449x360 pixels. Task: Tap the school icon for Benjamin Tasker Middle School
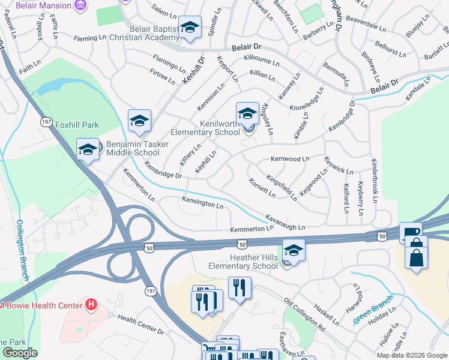point(88,149)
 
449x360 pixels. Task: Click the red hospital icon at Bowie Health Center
point(91,305)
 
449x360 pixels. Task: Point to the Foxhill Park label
point(77,125)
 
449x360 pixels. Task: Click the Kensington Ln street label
point(203,204)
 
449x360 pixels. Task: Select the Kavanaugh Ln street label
point(285,224)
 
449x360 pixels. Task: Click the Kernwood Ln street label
point(289,159)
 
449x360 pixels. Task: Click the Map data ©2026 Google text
point(411,355)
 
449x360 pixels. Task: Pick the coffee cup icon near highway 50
point(411,233)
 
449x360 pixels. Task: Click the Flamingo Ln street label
point(169,63)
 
